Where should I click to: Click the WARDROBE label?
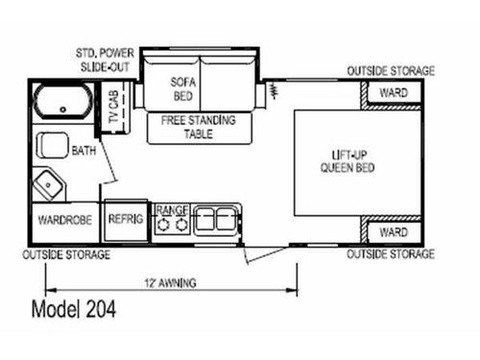[64, 219]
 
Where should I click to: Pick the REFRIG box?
[125, 219]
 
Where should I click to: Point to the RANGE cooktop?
[170, 220]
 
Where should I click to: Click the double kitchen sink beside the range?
[213, 218]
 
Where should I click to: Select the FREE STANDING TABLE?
[202, 128]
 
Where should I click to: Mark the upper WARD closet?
[392, 93]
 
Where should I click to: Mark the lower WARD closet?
[392, 231]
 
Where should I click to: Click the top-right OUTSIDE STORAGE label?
[391, 71]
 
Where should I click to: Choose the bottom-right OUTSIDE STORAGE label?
[391, 254]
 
